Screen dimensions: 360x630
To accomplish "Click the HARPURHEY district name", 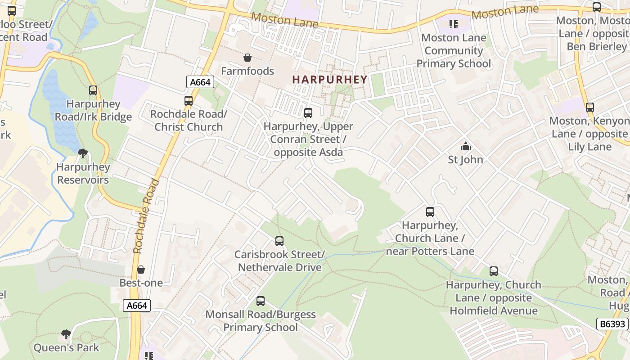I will pyautogui.click(x=330, y=80).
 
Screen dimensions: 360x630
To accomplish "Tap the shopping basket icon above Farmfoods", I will pyautogui.click(x=247, y=58).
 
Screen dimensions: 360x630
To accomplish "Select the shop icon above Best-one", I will pyautogui.click(x=141, y=270).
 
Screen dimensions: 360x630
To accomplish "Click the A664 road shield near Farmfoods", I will pyautogui.click(x=200, y=82).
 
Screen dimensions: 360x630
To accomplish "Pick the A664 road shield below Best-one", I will pyautogui.click(x=137, y=306).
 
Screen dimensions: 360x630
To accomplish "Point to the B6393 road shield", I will pyautogui.click(x=612, y=324).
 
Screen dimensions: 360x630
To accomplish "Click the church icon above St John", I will pyautogui.click(x=465, y=146).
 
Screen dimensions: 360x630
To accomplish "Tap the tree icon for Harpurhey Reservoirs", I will pyautogui.click(x=82, y=153).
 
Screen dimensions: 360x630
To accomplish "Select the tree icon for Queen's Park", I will pyautogui.click(x=66, y=334).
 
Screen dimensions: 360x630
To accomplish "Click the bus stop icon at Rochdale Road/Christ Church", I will pyautogui.click(x=189, y=101).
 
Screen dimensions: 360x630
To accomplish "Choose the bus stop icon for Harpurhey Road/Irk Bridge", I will pyautogui.click(x=93, y=90).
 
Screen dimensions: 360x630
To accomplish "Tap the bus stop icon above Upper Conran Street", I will pyautogui.click(x=308, y=113).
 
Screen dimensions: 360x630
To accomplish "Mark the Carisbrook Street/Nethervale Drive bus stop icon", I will pyautogui.click(x=279, y=241).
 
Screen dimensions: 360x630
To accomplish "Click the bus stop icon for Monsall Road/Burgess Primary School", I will pyautogui.click(x=261, y=301).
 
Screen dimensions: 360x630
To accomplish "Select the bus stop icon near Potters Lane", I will pyautogui.click(x=430, y=212).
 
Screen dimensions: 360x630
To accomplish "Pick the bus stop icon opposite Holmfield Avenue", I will pyautogui.click(x=494, y=271).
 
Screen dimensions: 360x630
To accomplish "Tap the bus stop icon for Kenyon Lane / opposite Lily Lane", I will pyautogui.click(x=590, y=108).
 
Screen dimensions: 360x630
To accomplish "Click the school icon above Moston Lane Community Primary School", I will pyautogui.click(x=453, y=24).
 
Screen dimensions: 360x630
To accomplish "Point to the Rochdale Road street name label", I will pyautogui.click(x=146, y=216).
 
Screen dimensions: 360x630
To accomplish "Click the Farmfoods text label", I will pyautogui.click(x=247, y=71).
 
